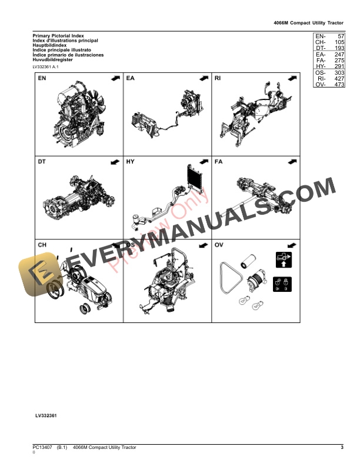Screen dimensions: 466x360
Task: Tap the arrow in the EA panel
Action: (204, 78)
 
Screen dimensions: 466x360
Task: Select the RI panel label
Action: (218, 78)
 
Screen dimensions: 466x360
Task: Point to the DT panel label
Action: (42, 161)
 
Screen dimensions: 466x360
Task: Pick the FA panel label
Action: (218, 161)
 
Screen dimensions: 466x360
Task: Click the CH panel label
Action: (42, 244)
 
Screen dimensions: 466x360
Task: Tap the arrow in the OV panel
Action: (291, 244)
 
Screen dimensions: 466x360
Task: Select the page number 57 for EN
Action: (337, 36)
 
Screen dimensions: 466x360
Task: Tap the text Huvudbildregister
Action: (54, 59)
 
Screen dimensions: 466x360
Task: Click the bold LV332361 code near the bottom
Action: (46, 415)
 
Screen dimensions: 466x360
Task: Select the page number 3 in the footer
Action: (342, 448)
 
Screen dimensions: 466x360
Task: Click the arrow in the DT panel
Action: (114, 161)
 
